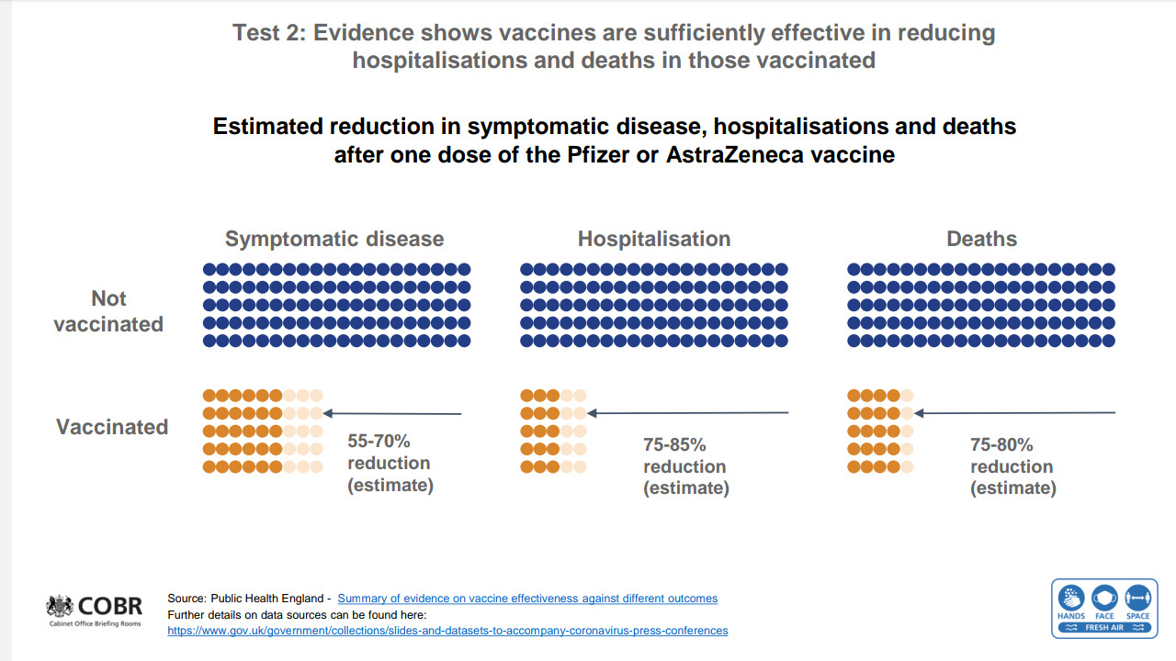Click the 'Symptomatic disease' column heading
click(334, 240)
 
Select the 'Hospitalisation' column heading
click(654, 240)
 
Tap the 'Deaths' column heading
click(982, 240)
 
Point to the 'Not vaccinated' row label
click(108, 311)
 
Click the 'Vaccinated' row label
click(112, 427)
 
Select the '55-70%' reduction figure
click(379, 442)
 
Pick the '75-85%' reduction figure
click(674, 445)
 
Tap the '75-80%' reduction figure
click(1001, 445)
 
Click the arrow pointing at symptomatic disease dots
click(392, 414)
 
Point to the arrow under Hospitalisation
click(688, 413)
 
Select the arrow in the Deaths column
click(1015, 413)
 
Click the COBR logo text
click(109, 607)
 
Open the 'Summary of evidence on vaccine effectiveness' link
click(527, 599)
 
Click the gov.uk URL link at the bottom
click(447, 631)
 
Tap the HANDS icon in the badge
click(1071, 598)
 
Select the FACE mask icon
click(1104, 598)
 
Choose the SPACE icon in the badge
click(1138, 598)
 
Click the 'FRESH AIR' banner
click(1104, 628)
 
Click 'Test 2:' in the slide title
click(269, 33)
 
